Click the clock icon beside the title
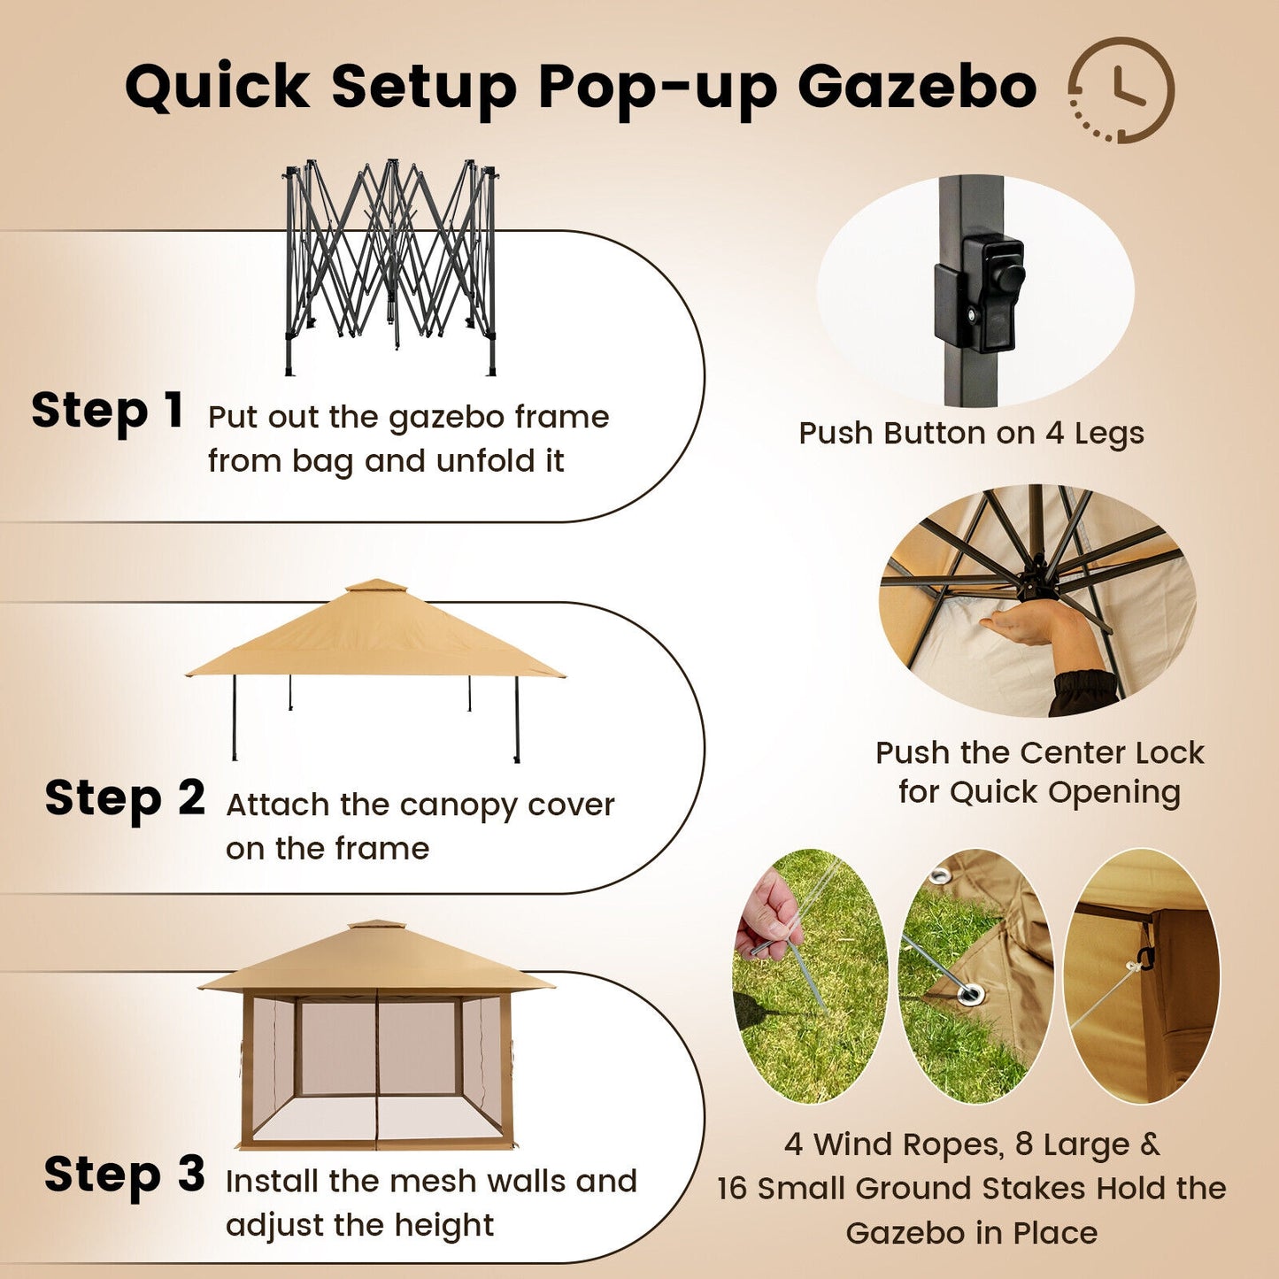coord(1121,89)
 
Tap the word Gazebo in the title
coord(917,89)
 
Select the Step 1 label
coord(107,412)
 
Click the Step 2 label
coord(125,798)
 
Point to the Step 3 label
coord(125,1175)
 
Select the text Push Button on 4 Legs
coord(971,434)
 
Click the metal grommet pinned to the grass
coord(970,993)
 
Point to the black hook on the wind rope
coord(1144,958)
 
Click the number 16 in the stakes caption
coord(733,1189)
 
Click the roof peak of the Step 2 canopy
coord(376,586)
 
